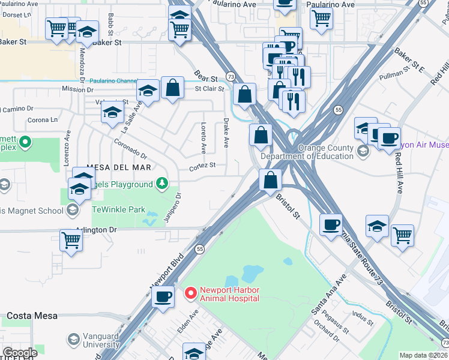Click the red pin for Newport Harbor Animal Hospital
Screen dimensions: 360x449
point(190,293)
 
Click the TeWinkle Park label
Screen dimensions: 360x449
point(118,210)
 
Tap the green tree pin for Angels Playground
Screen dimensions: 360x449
point(161,184)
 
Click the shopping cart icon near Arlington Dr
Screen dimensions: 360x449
point(71,239)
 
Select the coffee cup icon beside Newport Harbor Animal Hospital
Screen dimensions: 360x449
point(163,295)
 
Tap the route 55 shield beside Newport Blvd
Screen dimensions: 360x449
point(200,248)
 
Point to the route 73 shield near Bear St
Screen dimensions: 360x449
point(230,76)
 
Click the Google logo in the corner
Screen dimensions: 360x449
point(20,353)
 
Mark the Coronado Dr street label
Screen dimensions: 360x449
point(130,147)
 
